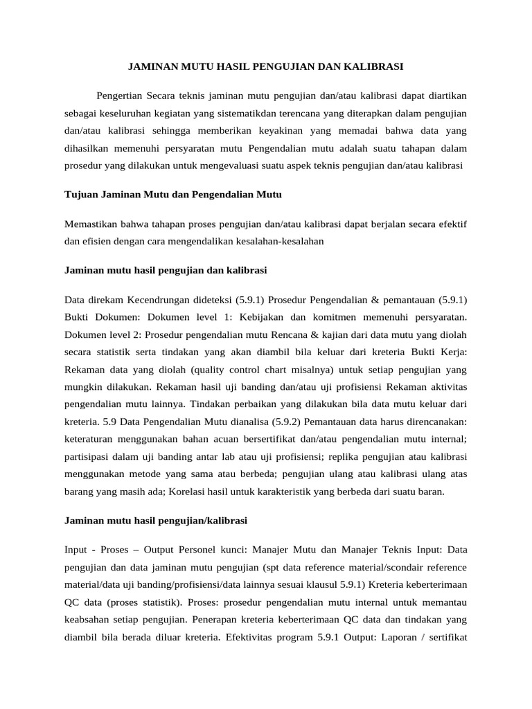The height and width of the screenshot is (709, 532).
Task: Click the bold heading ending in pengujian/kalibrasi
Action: tap(156, 519)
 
